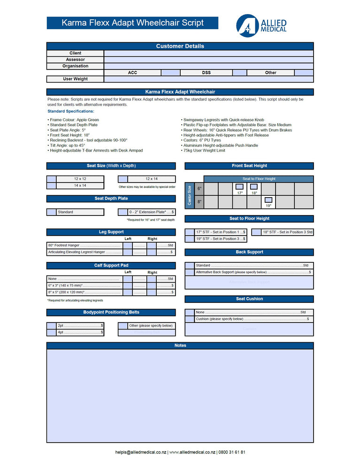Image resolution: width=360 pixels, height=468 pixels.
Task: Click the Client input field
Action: [208, 54]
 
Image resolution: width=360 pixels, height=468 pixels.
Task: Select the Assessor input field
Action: [208, 60]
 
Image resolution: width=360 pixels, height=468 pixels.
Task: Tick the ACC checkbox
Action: [170, 73]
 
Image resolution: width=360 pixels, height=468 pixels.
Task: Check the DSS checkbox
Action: [239, 73]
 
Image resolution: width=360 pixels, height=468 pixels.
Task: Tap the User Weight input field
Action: [208, 79]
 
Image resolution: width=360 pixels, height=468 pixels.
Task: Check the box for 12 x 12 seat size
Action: [52, 179]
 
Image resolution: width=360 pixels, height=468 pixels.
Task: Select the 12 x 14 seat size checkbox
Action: [123, 179]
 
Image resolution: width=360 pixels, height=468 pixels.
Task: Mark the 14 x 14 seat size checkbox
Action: [52, 185]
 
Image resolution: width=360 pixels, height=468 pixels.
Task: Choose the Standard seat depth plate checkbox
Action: [52, 212]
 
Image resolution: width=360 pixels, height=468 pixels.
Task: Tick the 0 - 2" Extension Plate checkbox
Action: [123, 212]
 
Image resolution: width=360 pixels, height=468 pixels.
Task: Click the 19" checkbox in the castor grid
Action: [268, 200]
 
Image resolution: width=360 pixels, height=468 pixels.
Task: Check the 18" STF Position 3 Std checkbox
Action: [256, 232]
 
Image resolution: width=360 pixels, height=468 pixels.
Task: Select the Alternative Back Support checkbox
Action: [190, 272]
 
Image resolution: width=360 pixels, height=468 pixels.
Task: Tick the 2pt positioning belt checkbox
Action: [52, 326]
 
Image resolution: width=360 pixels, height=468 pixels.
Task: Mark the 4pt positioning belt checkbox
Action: [52, 332]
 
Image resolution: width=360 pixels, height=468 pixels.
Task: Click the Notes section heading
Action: [180, 345]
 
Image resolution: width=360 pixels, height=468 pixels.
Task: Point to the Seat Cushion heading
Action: [249, 299]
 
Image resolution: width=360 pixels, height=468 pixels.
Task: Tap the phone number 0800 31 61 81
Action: [232, 453]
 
